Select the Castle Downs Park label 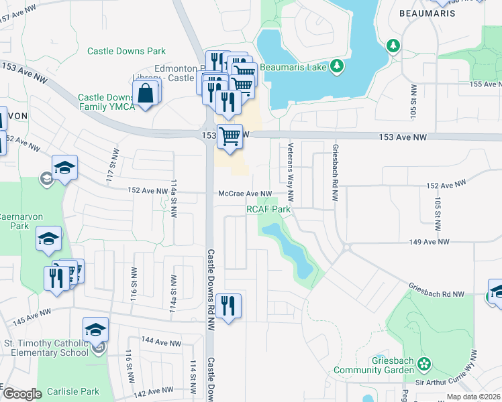point(126,51)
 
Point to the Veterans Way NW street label point(291,172)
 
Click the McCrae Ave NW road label point(245,194)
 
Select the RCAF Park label point(268,209)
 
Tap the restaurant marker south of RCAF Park point(228,306)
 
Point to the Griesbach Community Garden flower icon point(423,364)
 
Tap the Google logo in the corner point(23,394)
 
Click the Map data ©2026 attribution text point(472,397)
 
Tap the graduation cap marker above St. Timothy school point(95,330)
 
